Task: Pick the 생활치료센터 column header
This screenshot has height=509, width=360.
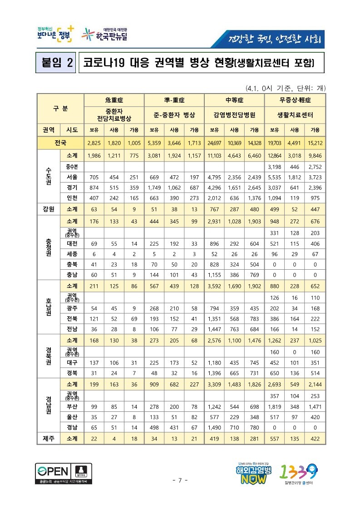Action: click(296, 115)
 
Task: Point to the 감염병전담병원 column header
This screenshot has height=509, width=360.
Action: click(235, 115)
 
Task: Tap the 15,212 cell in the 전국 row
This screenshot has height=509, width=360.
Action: click(315, 143)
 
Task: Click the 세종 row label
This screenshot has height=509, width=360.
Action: click(71, 254)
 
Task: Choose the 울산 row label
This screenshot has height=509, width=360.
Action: click(71, 416)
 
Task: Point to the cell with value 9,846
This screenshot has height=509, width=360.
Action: click(315, 156)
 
